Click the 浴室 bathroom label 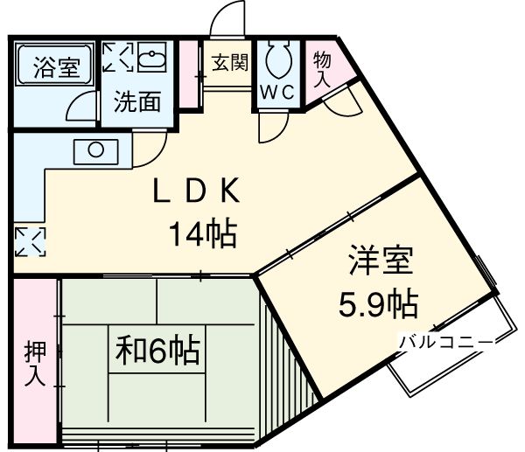[x=54, y=67]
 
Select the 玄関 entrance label [x=230, y=62]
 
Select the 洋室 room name [x=379, y=261]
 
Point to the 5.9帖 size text [x=378, y=303]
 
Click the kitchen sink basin [x=94, y=151]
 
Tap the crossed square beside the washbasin [x=117, y=58]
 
